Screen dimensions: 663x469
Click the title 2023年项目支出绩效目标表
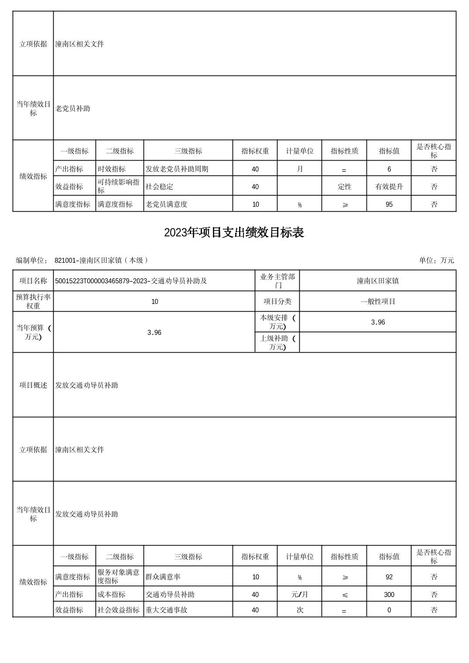tap(234, 233)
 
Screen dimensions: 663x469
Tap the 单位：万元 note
tap(436, 260)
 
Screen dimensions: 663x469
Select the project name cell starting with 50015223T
tap(131, 281)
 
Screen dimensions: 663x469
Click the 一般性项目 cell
tap(378, 301)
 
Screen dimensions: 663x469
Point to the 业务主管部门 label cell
tap(277, 281)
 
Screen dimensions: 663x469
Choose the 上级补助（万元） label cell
tap(277, 342)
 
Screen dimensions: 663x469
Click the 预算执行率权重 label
tap(33, 301)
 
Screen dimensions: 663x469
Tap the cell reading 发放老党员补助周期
tap(177, 169)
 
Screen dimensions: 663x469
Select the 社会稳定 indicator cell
tap(160, 187)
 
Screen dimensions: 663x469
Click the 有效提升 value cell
tap(389, 187)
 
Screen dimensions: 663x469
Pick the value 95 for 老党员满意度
tap(389, 204)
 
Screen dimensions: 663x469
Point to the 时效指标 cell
tap(112, 169)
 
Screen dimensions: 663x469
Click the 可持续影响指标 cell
tap(119, 186)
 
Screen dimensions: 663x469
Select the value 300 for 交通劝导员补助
tap(389, 594)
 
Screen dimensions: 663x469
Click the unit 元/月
tap(300, 594)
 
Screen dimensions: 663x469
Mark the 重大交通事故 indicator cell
tap(167, 610)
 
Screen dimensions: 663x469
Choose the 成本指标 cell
tap(112, 594)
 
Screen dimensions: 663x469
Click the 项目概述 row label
tap(33, 385)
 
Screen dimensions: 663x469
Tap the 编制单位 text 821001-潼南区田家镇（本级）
tap(101, 260)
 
